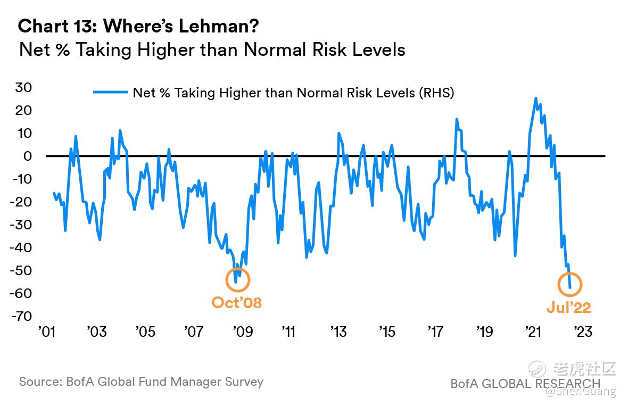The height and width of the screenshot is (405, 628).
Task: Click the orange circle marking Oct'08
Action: pos(237,279)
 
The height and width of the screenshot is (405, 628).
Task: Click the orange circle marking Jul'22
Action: pos(569,285)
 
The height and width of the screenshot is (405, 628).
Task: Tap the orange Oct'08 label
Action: pos(237,303)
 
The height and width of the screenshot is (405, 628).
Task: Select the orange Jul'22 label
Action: pos(569,308)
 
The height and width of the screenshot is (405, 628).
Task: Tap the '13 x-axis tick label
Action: pos(338,332)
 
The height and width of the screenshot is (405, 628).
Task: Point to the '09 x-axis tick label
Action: pos(242,332)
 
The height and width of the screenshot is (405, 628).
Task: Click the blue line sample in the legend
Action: pos(110,93)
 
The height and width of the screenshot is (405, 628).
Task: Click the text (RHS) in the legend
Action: pos(436,93)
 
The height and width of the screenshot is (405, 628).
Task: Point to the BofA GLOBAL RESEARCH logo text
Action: pos(525,383)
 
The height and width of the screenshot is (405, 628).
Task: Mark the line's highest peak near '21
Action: pos(535,98)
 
